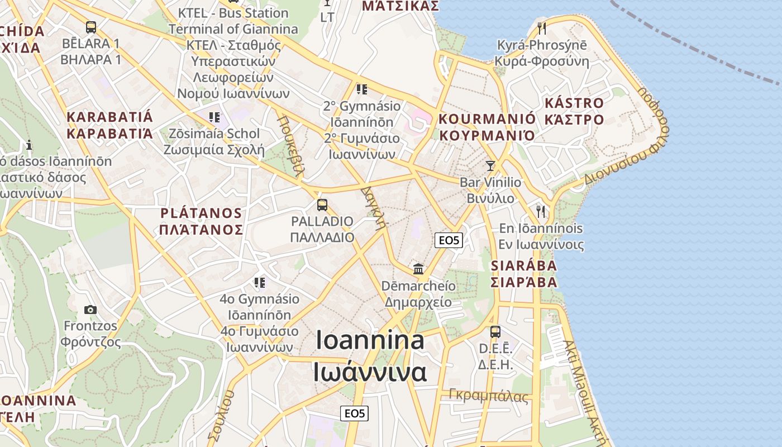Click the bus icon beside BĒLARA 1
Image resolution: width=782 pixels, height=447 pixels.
pyautogui.click(x=91, y=27)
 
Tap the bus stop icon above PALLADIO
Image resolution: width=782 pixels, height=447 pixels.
pyautogui.click(x=322, y=205)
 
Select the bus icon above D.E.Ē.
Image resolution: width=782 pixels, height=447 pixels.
pyautogui.click(x=495, y=331)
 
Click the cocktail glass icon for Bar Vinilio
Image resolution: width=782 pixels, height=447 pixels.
pyautogui.click(x=490, y=165)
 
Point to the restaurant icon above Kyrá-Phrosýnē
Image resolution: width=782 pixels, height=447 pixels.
pyautogui.click(x=541, y=28)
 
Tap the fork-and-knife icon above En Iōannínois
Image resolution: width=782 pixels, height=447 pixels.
pyautogui.click(x=540, y=211)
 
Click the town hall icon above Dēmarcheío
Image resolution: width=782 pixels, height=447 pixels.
pyautogui.click(x=418, y=269)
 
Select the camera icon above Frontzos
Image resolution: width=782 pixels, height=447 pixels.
pyautogui.click(x=90, y=310)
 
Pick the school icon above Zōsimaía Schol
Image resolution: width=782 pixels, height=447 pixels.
pyautogui.click(x=214, y=117)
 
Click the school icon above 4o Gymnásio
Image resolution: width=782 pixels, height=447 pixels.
pyautogui.click(x=259, y=282)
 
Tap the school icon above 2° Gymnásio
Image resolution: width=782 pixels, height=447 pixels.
pyautogui.click(x=361, y=89)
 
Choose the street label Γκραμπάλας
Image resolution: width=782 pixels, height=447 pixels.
pyautogui.click(x=489, y=396)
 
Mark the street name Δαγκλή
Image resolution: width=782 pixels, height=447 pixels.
pyautogui.click(x=374, y=207)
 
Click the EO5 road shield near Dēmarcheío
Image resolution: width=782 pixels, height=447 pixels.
pyautogui.click(x=449, y=240)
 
